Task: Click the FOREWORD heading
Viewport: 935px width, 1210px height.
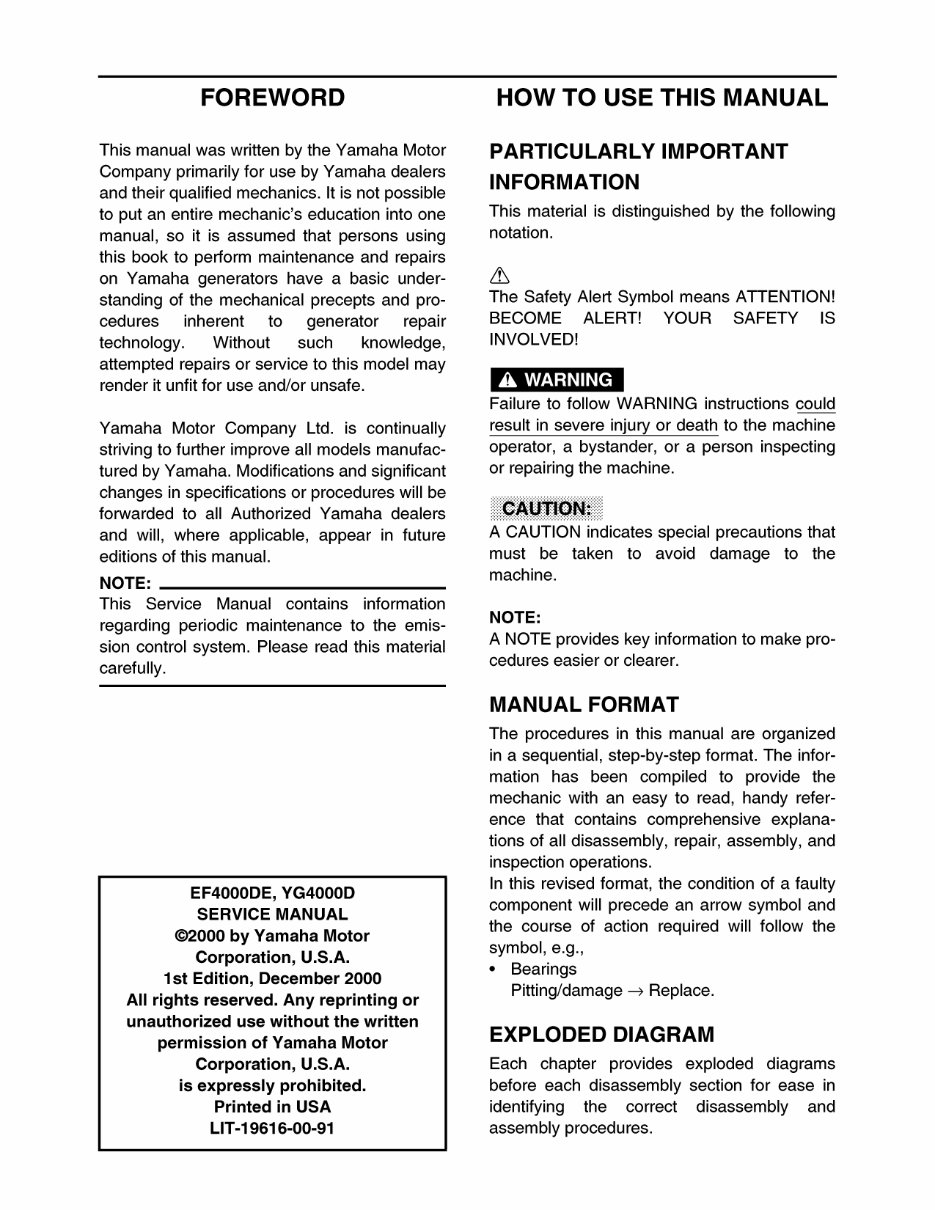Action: (x=272, y=98)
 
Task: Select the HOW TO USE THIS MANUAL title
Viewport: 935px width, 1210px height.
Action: (x=661, y=98)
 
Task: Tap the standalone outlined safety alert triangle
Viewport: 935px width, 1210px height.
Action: (x=499, y=276)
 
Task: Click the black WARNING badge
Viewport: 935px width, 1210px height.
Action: (x=556, y=380)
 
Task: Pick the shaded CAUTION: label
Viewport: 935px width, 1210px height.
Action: (x=546, y=508)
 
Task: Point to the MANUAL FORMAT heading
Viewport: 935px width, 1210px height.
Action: (x=583, y=704)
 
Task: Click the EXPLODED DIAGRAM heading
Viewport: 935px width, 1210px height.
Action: (x=601, y=1034)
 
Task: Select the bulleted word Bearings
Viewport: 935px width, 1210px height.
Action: (x=543, y=969)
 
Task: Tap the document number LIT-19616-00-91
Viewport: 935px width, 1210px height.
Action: (x=272, y=1128)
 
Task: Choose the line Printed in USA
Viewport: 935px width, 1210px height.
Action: (x=272, y=1107)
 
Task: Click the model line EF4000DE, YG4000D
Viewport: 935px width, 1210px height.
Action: (x=272, y=893)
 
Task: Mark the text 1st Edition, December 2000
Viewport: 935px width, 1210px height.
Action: (x=272, y=979)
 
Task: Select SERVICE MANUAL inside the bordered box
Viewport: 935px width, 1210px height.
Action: (x=272, y=914)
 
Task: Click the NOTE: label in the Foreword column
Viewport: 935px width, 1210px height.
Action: (x=125, y=583)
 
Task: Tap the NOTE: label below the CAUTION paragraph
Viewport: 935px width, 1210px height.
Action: (x=515, y=618)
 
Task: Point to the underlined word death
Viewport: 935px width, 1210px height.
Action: (x=696, y=425)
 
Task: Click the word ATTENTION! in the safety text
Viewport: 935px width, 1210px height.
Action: (x=785, y=297)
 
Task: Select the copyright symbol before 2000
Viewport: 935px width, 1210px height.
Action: (x=181, y=936)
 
